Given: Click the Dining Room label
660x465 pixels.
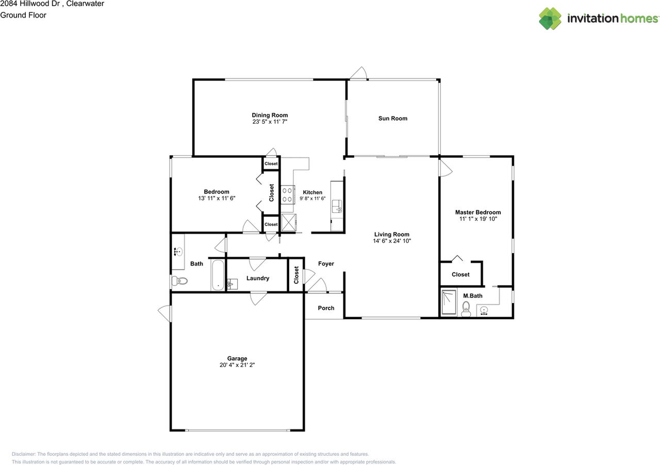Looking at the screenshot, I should [x=270, y=115].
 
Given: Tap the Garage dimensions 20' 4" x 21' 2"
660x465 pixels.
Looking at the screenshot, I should [x=238, y=365].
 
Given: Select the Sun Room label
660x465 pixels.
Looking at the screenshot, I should [x=393, y=118].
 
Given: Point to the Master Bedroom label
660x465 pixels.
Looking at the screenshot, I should [x=477, y=212].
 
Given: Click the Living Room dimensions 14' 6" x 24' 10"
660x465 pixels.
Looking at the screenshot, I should [x=392, y=241].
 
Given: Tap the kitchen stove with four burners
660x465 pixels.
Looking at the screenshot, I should [x=288, y=195].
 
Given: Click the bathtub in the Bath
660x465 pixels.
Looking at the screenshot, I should [x=218, y=275].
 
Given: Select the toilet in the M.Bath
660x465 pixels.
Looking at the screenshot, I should [x=466, y=308].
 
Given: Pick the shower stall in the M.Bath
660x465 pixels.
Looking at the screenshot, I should [x=449, y=302].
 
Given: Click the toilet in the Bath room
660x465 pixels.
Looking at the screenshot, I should [x=179, y=281].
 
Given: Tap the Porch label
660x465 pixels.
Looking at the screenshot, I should [x=326, y=308].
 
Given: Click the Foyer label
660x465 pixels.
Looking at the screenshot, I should [x=326, y=263].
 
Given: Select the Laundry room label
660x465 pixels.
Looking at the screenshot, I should [x=258, y=278].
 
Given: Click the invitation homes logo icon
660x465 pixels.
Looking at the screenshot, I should [x=550, y=19].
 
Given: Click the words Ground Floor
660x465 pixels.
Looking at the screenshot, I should [x=23, y=15].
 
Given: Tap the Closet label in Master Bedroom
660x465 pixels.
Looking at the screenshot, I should [x=460, y=274].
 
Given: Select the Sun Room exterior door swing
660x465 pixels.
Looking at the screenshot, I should [x=358, y=74].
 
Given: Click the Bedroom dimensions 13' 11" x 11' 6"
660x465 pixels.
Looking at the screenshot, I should [x=217, y=198].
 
